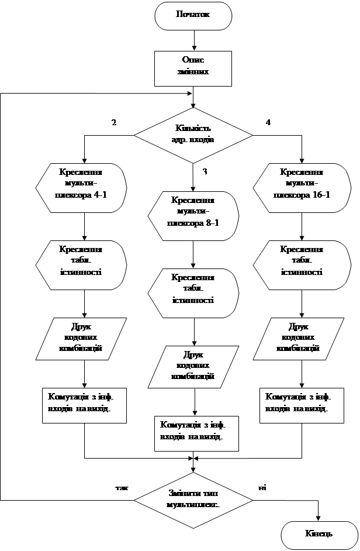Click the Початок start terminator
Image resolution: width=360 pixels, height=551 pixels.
click(x=193, y=15)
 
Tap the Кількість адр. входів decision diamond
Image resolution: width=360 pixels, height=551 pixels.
click(x=193, y=135)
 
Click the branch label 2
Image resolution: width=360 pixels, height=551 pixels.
click(x=116, y=122)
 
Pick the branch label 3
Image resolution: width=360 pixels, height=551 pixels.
click(x=206, y=170)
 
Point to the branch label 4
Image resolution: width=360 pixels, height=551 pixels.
click(x=269, y=122)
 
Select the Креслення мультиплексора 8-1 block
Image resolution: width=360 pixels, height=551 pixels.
click(x=193, y=215)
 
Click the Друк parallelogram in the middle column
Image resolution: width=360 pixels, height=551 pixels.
click(x=193, y=366)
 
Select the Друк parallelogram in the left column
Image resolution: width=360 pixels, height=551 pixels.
click(x=82, y=338)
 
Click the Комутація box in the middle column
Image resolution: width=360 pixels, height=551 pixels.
click(x=196, y=433)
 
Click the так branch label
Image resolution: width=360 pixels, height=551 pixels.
click(x=117, y=486)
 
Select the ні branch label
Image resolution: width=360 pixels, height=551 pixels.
click(x=270, y=486)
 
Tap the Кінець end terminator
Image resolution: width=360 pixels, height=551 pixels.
click(x=319, y=534)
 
